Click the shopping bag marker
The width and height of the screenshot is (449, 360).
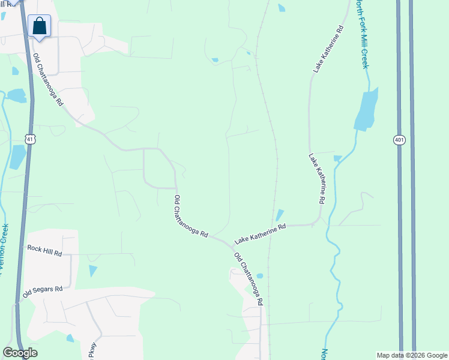pos(39,26)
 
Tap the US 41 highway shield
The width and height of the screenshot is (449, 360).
pos(31,139)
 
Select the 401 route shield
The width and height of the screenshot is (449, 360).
pos(400,140)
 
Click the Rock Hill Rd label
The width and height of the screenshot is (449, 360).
pos(45,250)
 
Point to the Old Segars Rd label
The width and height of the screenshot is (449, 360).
pos(43,292)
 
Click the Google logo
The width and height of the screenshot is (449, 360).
pos(20,353)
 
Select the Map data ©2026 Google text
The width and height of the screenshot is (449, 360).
pos(411,355)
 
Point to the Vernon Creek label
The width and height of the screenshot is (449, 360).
pos(5,246)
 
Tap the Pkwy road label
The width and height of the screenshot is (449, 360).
pos(92,350)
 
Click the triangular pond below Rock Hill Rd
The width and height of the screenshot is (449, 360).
pos(92,271)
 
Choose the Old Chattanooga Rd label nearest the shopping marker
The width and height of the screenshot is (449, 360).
pos(48,80)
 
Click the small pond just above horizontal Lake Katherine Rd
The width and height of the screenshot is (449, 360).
pos(280,215)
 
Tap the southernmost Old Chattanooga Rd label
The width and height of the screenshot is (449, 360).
pos(249,280)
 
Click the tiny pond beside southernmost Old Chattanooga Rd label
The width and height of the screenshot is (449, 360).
pos(259,276)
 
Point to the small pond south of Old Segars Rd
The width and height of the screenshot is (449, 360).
pos(70,338)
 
